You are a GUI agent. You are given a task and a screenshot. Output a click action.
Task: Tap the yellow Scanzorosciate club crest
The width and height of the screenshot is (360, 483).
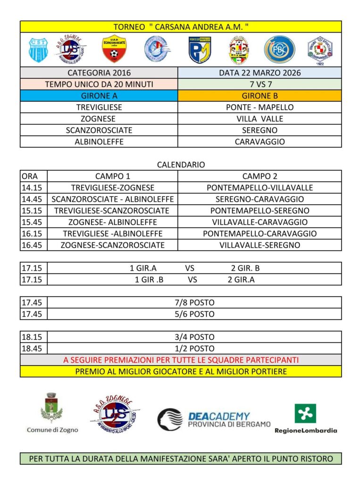click(113, 50)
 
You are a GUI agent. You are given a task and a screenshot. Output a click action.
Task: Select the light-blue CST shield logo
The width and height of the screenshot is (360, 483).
click(38, 50)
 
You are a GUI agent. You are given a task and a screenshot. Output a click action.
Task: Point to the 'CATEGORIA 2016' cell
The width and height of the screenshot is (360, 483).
click(99, 73)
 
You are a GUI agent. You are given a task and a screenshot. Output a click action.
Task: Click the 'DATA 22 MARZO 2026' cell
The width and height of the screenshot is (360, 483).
click(260, 73)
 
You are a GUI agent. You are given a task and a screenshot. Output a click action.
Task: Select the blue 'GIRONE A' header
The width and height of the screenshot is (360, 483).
click(99, 96)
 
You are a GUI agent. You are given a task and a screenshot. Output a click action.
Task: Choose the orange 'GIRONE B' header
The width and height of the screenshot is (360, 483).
click(260, 96)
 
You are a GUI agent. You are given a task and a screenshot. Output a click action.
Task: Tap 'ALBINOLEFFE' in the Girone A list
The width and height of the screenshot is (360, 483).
click(99, 142)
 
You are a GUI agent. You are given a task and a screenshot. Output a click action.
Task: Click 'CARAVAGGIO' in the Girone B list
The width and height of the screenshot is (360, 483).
click(260, 142)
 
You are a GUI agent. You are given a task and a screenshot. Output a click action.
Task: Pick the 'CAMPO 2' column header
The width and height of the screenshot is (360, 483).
click(260, 176)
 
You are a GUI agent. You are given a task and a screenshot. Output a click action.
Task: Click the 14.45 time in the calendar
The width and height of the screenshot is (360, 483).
click(32, 199)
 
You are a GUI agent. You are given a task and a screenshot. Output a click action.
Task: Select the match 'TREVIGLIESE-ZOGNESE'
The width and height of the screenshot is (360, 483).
click(113, 188)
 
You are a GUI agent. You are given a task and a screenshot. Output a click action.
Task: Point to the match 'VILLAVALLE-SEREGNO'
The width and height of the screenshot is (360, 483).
click(260, 245)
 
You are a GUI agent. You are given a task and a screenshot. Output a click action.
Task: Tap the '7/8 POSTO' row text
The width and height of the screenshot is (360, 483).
click(194, 302)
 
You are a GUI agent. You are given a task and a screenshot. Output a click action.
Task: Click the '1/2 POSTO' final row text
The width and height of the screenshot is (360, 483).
click(194, 349)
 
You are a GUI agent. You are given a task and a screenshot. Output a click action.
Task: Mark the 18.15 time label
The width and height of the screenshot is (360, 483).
click(32, 337)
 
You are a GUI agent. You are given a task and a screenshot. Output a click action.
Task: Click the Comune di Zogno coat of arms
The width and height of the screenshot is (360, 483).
click(52, 408)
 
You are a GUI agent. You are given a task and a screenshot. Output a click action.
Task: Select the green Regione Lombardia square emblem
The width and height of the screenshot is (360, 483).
click(305, 414)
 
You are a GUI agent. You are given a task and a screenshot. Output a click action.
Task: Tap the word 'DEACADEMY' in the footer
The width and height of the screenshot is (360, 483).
click(219, 416)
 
